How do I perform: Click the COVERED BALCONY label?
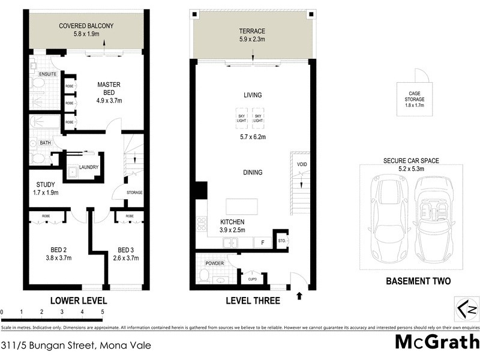pos(86,26)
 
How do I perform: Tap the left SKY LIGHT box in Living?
pos(241,118)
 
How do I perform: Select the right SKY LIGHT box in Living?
pos(258,118)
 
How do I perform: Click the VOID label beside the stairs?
pos(302,164)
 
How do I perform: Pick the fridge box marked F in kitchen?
pos(262,242)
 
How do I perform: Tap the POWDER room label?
pos(214,263)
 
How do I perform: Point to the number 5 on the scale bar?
pos(103,313)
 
